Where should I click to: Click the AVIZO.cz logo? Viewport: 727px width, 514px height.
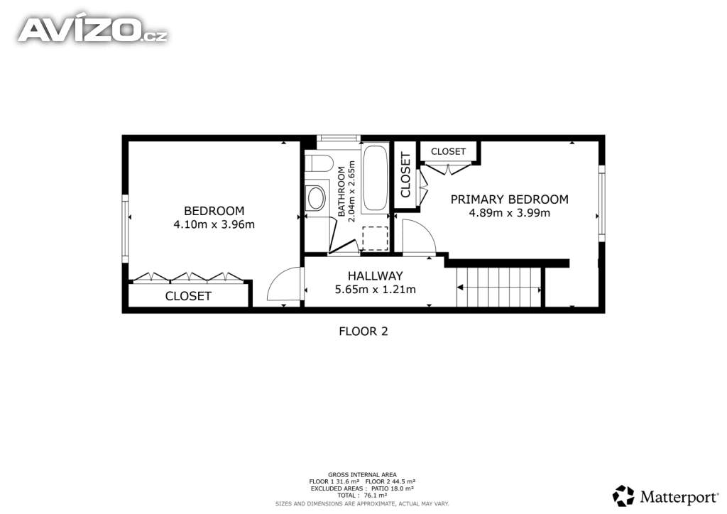pyautogui.click(x=93, y=30)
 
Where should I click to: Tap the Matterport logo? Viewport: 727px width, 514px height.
pyautogui.click(x=665, y=496)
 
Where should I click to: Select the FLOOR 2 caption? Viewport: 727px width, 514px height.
pyautogui.click(x=363, y=332)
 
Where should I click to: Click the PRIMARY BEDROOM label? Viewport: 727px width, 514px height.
pyautogui.click(x=510, y=199)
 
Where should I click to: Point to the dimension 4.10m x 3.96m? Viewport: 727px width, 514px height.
pyautogui.click(x=214, y=225)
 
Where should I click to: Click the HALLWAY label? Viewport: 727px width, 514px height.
pyautogui.click(x=376, y=276)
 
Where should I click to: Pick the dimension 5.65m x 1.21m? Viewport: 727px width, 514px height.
pyautogui.click(x=376, y=290)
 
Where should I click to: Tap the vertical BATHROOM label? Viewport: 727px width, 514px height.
pyautogui.click(x=341, y=192)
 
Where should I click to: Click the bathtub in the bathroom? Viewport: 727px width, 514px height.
pyautogui.click(x=375, y=178)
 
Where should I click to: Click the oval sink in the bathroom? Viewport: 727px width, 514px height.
pyautogui.click(x=317, y=198)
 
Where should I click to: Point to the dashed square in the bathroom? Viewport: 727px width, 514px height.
pyautogui.click(x=375, y=239)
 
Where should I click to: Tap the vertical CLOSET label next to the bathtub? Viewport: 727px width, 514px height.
pyautogui.click(x=405, y=175)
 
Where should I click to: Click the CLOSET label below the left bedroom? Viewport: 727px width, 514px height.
pyautogui.click(x=188, y=296)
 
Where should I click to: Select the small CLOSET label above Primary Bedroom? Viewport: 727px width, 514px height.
pyautogui.click(x=449, y=151)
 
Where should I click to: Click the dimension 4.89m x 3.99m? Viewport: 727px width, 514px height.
pyautogui.click(x=510, y=213)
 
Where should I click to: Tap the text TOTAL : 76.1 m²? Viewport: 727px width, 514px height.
pyautogui.click(x=363, y=496)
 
